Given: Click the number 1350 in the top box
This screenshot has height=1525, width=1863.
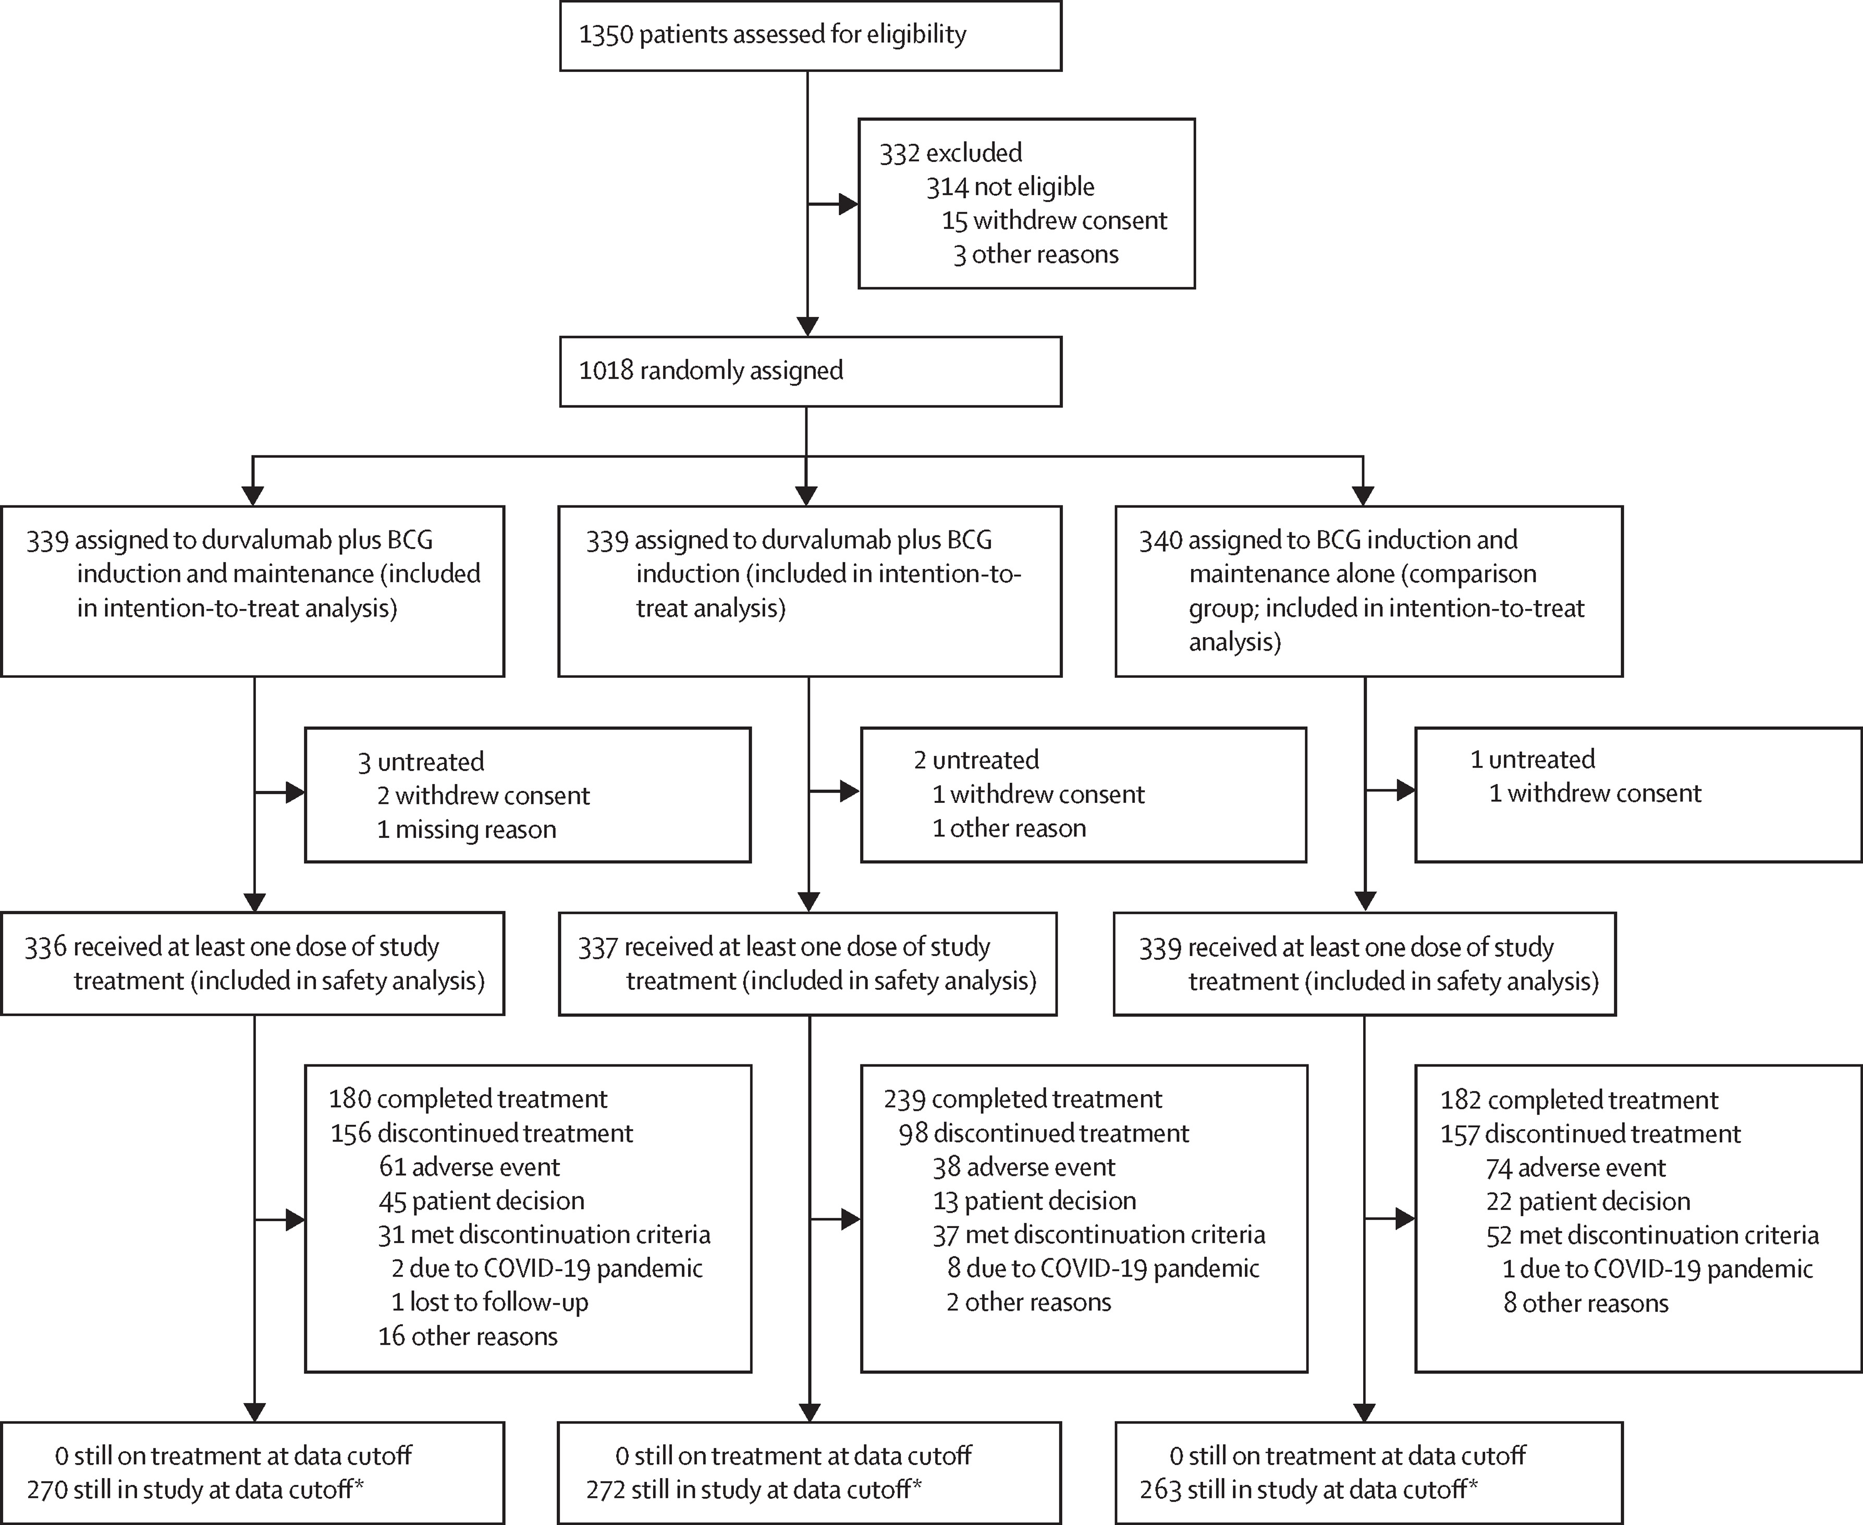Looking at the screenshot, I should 606,35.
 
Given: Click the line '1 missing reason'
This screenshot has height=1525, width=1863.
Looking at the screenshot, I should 466,829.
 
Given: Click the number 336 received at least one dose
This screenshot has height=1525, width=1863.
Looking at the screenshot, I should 46,947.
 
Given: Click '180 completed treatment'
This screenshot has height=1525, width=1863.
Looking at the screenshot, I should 468,1099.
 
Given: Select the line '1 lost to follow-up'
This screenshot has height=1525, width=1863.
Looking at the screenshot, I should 489,1302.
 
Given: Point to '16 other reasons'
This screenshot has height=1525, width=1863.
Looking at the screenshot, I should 468,1336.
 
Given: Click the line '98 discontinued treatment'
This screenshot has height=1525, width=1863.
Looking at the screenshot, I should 1043,1133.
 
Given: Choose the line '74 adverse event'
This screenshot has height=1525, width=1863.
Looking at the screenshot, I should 1575,1168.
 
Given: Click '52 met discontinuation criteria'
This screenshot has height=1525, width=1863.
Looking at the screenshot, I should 1652,1235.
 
